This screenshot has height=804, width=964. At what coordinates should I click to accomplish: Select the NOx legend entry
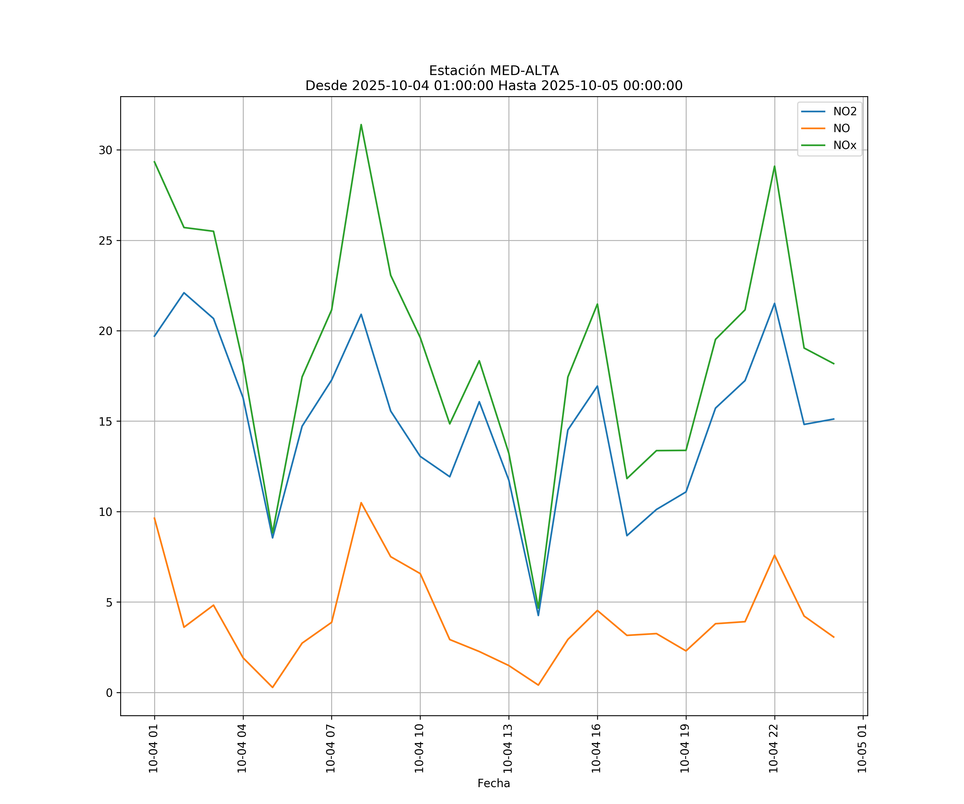845,146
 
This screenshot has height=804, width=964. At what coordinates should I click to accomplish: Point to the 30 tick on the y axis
106,150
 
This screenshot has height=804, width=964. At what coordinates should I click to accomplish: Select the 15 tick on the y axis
106,421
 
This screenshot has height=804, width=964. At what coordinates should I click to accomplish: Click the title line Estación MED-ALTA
494,71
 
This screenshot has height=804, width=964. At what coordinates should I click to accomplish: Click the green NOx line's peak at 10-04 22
774,166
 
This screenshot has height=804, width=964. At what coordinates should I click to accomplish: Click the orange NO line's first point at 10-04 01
154,518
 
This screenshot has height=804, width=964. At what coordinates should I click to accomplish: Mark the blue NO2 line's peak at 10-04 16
597,386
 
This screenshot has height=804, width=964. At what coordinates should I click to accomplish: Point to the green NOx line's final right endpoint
834,364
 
